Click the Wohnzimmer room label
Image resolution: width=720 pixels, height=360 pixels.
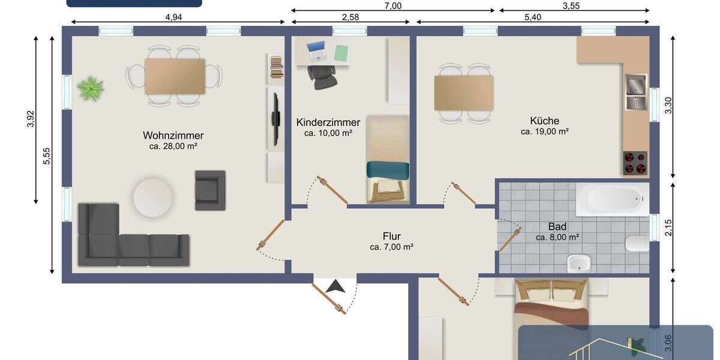click(173, 136)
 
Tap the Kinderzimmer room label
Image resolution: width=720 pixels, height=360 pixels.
click(328, 122)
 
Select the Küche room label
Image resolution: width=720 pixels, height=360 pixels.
click(545, 121)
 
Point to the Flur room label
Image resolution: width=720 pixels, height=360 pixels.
click(392, 236)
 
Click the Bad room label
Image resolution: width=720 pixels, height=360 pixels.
click(557, 227)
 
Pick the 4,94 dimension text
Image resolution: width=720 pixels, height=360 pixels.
click(173, 17)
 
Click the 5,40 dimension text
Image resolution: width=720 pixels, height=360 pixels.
click(533, 17)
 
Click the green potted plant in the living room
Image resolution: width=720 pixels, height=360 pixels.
click(91, 88)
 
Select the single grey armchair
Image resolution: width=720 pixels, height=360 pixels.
click(210, 190)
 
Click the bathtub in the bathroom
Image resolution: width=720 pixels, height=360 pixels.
click(612, 199)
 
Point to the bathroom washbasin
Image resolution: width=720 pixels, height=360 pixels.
click(579, 262)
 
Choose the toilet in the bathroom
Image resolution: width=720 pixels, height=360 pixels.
click(636, 244)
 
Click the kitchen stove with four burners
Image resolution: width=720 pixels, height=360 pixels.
click(635, 162)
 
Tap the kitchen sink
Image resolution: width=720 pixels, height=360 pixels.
click(635, 92)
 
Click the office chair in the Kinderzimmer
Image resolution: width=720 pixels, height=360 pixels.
click(323, 76)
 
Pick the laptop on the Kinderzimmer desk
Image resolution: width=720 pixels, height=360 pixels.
click(316, 50)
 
